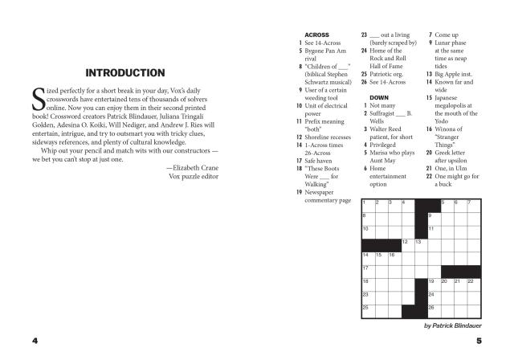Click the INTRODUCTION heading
(x=125, y=72)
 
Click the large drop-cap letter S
(x=38, y=98)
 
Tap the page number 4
(x=35, y=340)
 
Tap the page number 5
(x=478, y=340)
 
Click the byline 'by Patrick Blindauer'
(x=451, y=325)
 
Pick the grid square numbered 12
(x=408, y=245)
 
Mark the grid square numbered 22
(x=474, y=284)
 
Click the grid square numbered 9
(x=434, y=219)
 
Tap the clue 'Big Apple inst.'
(x=456, y=73)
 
